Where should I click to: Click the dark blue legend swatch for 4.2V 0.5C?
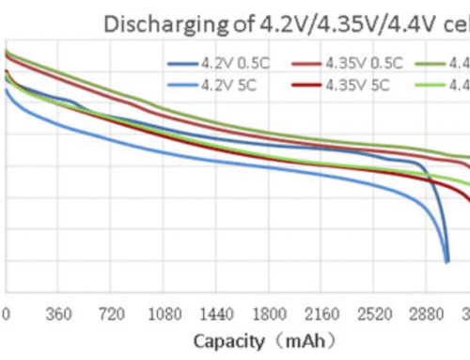pyautogui.click(x=181, y=64)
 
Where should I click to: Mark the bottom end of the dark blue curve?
pyautogui.click(x=446, y=261)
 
